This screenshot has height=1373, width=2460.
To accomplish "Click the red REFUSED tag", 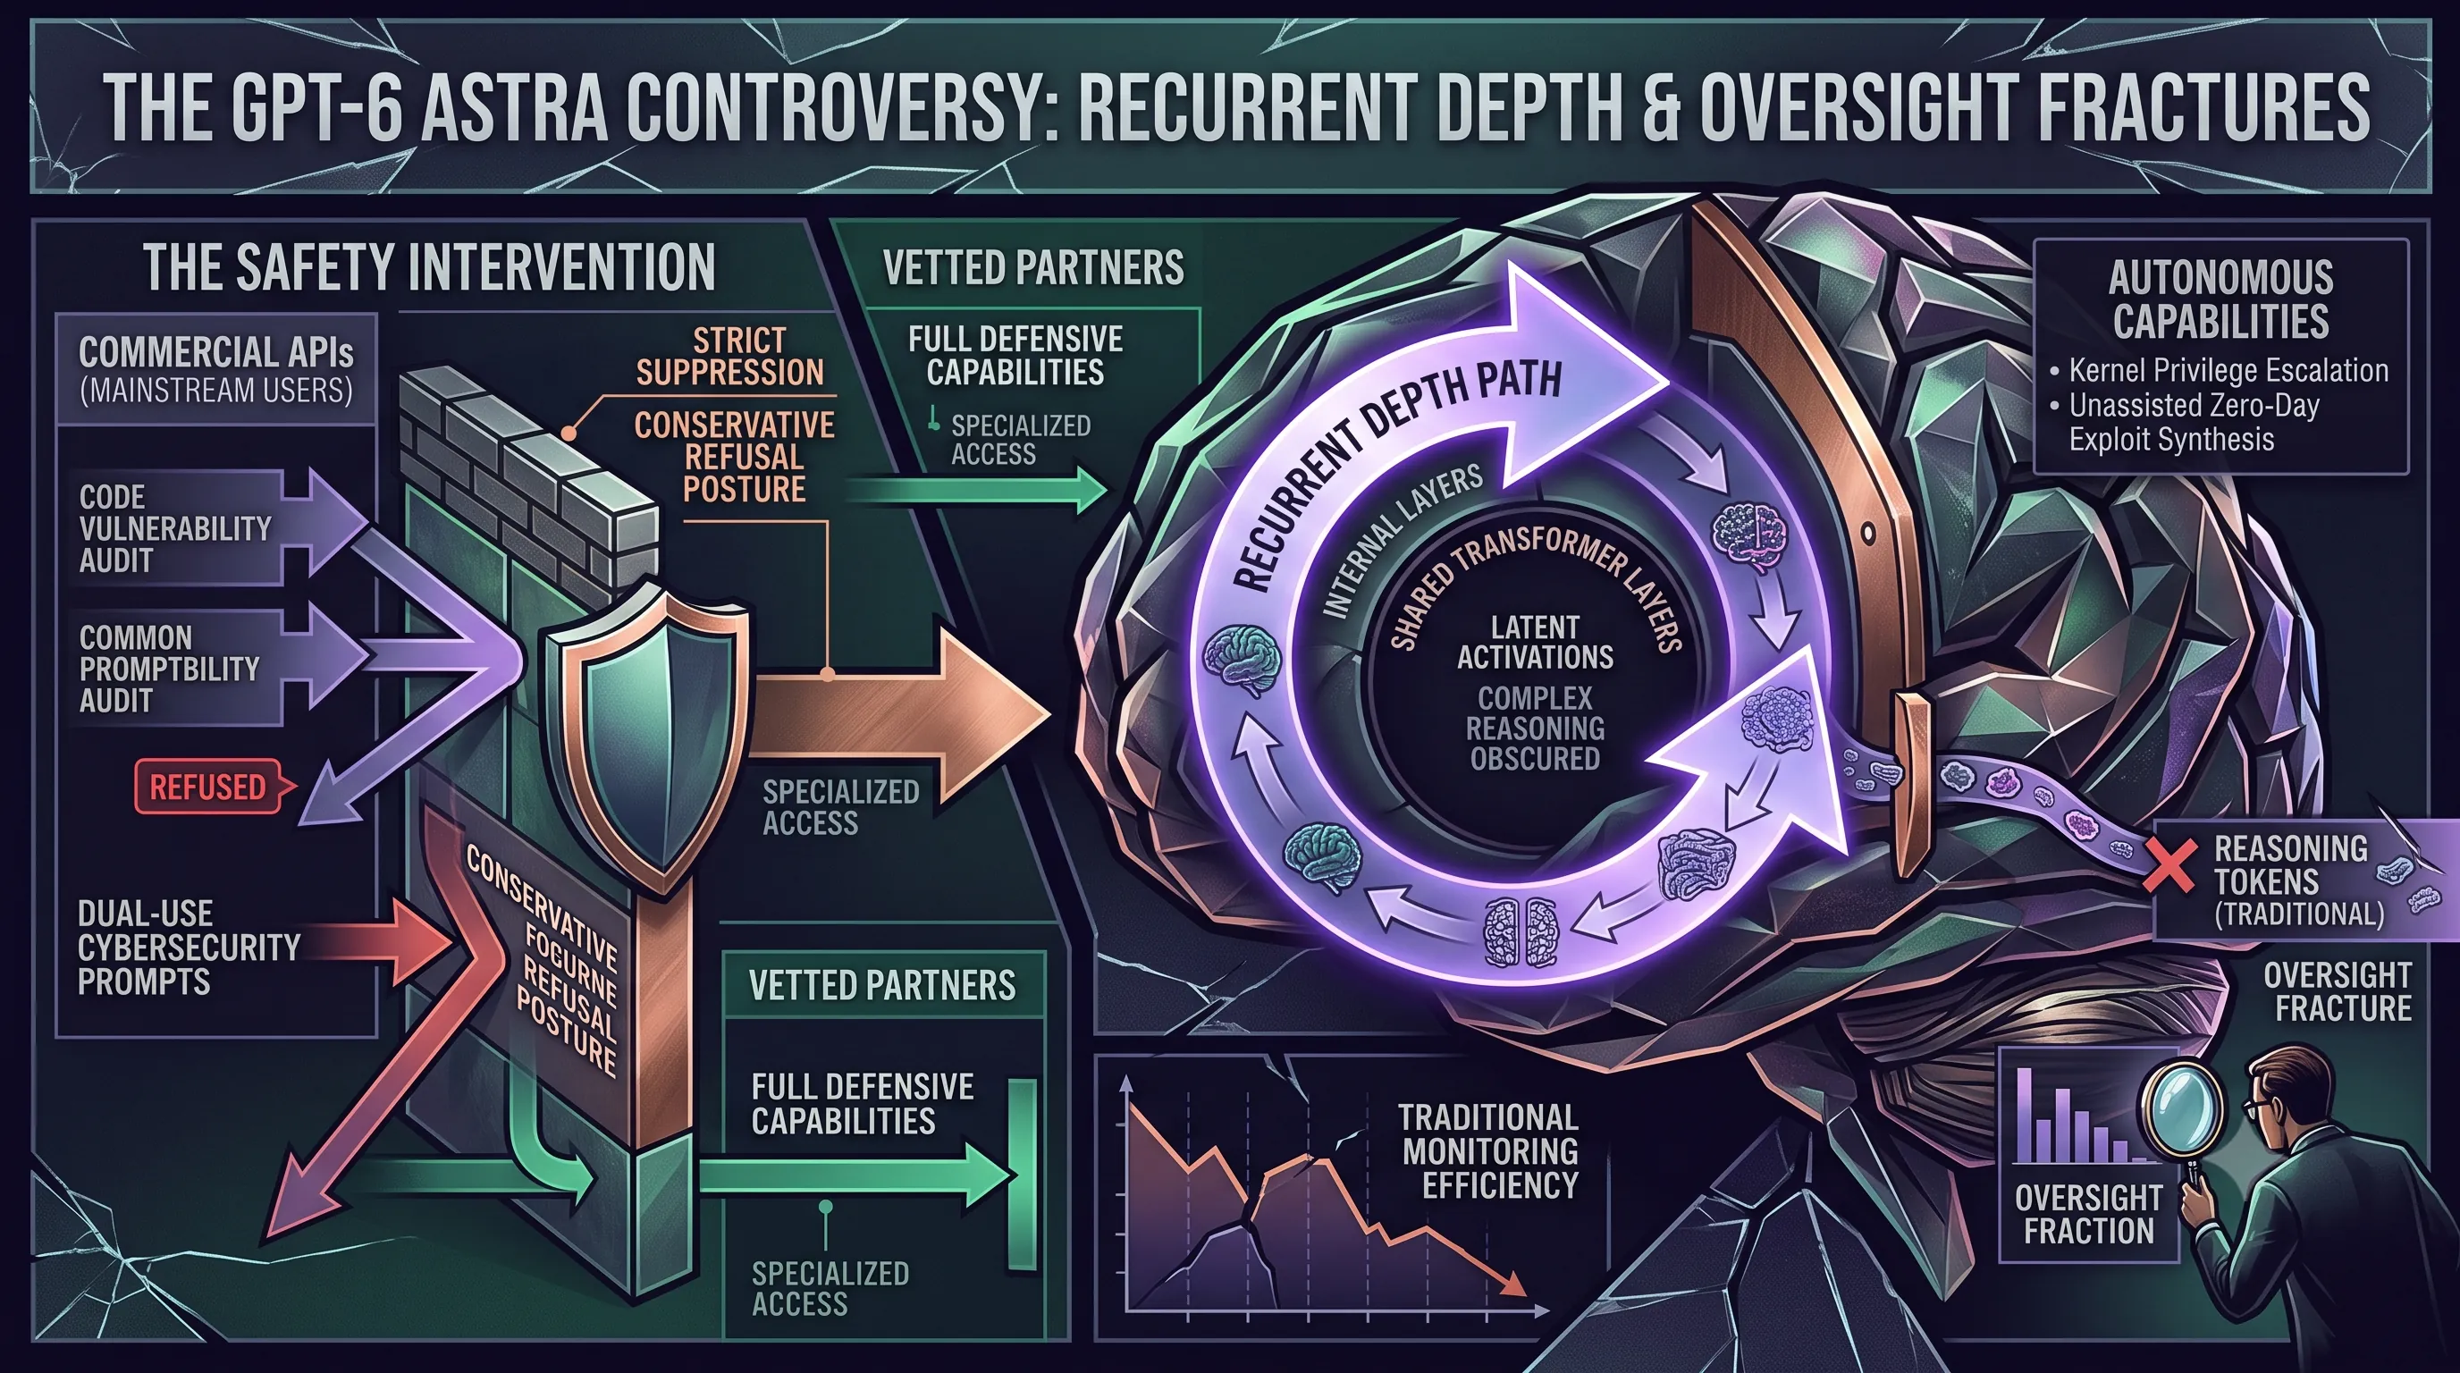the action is [209, 787].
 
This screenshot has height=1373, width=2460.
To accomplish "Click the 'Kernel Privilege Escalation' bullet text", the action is [2228, 370].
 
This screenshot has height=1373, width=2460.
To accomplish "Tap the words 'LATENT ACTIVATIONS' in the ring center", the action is [1535, 642].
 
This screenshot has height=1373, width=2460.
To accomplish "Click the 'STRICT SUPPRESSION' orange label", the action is [729, 356].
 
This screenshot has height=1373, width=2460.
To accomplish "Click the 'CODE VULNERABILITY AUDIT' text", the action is [175, 528].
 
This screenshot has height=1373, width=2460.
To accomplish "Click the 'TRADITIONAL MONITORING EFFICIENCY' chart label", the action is [1490, 1150].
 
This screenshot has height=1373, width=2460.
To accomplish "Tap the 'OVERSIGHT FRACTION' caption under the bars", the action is [2088, 1214].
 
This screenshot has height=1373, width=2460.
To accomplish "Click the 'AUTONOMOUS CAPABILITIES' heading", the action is [2220, 299].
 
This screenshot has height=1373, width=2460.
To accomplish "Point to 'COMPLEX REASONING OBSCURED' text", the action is [1535, 728].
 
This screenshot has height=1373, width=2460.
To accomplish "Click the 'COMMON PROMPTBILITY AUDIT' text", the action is [169, 669].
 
